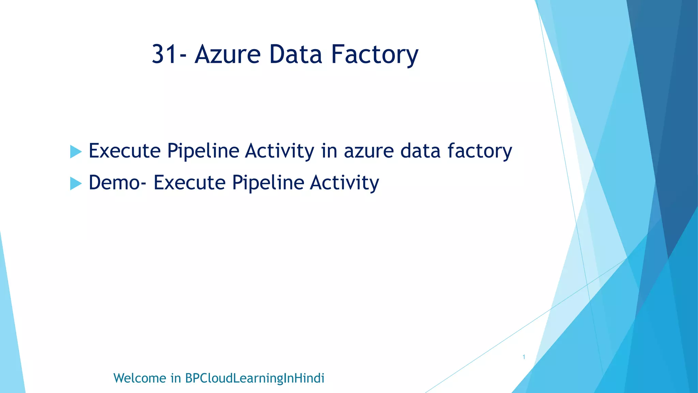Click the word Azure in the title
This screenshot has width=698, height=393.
227,55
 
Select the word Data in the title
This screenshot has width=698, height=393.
295,55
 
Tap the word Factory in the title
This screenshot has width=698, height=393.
375,55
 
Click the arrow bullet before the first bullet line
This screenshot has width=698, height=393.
76,151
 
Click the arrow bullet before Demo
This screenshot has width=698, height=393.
76,183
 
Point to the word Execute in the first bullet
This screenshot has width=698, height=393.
124,151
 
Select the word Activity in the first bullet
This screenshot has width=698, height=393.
279,151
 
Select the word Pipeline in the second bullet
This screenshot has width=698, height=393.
268,183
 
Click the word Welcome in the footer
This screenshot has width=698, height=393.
139,378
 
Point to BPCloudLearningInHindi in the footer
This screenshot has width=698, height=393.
254,378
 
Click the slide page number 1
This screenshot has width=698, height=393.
524,357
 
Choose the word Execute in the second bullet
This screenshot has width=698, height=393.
189,183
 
